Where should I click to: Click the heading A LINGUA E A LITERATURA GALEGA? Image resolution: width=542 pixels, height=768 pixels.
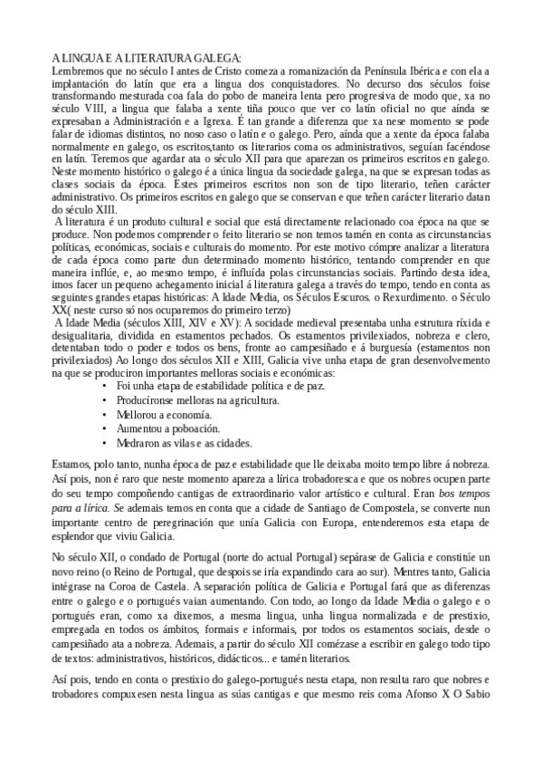pyautogui.click(x=147, y=57)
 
